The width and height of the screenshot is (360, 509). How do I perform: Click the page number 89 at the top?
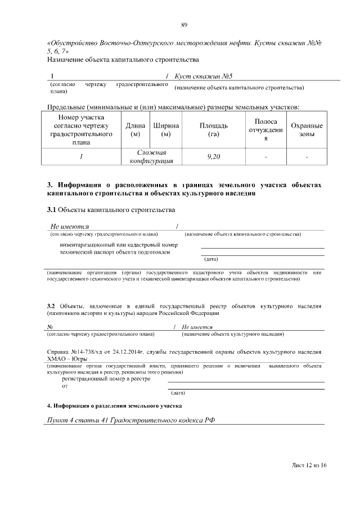tap(184, 24)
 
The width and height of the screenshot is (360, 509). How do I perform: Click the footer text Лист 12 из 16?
tap(309, 466)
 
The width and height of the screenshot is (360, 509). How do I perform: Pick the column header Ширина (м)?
tap(166, 129)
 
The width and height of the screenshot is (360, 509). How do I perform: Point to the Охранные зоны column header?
tap(307, 129)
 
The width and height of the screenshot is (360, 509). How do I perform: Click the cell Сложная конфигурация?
tap(151, 157)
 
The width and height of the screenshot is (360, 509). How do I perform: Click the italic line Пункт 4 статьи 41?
tap(131, 421)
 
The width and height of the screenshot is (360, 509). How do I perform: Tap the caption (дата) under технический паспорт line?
tap(210, 259)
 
